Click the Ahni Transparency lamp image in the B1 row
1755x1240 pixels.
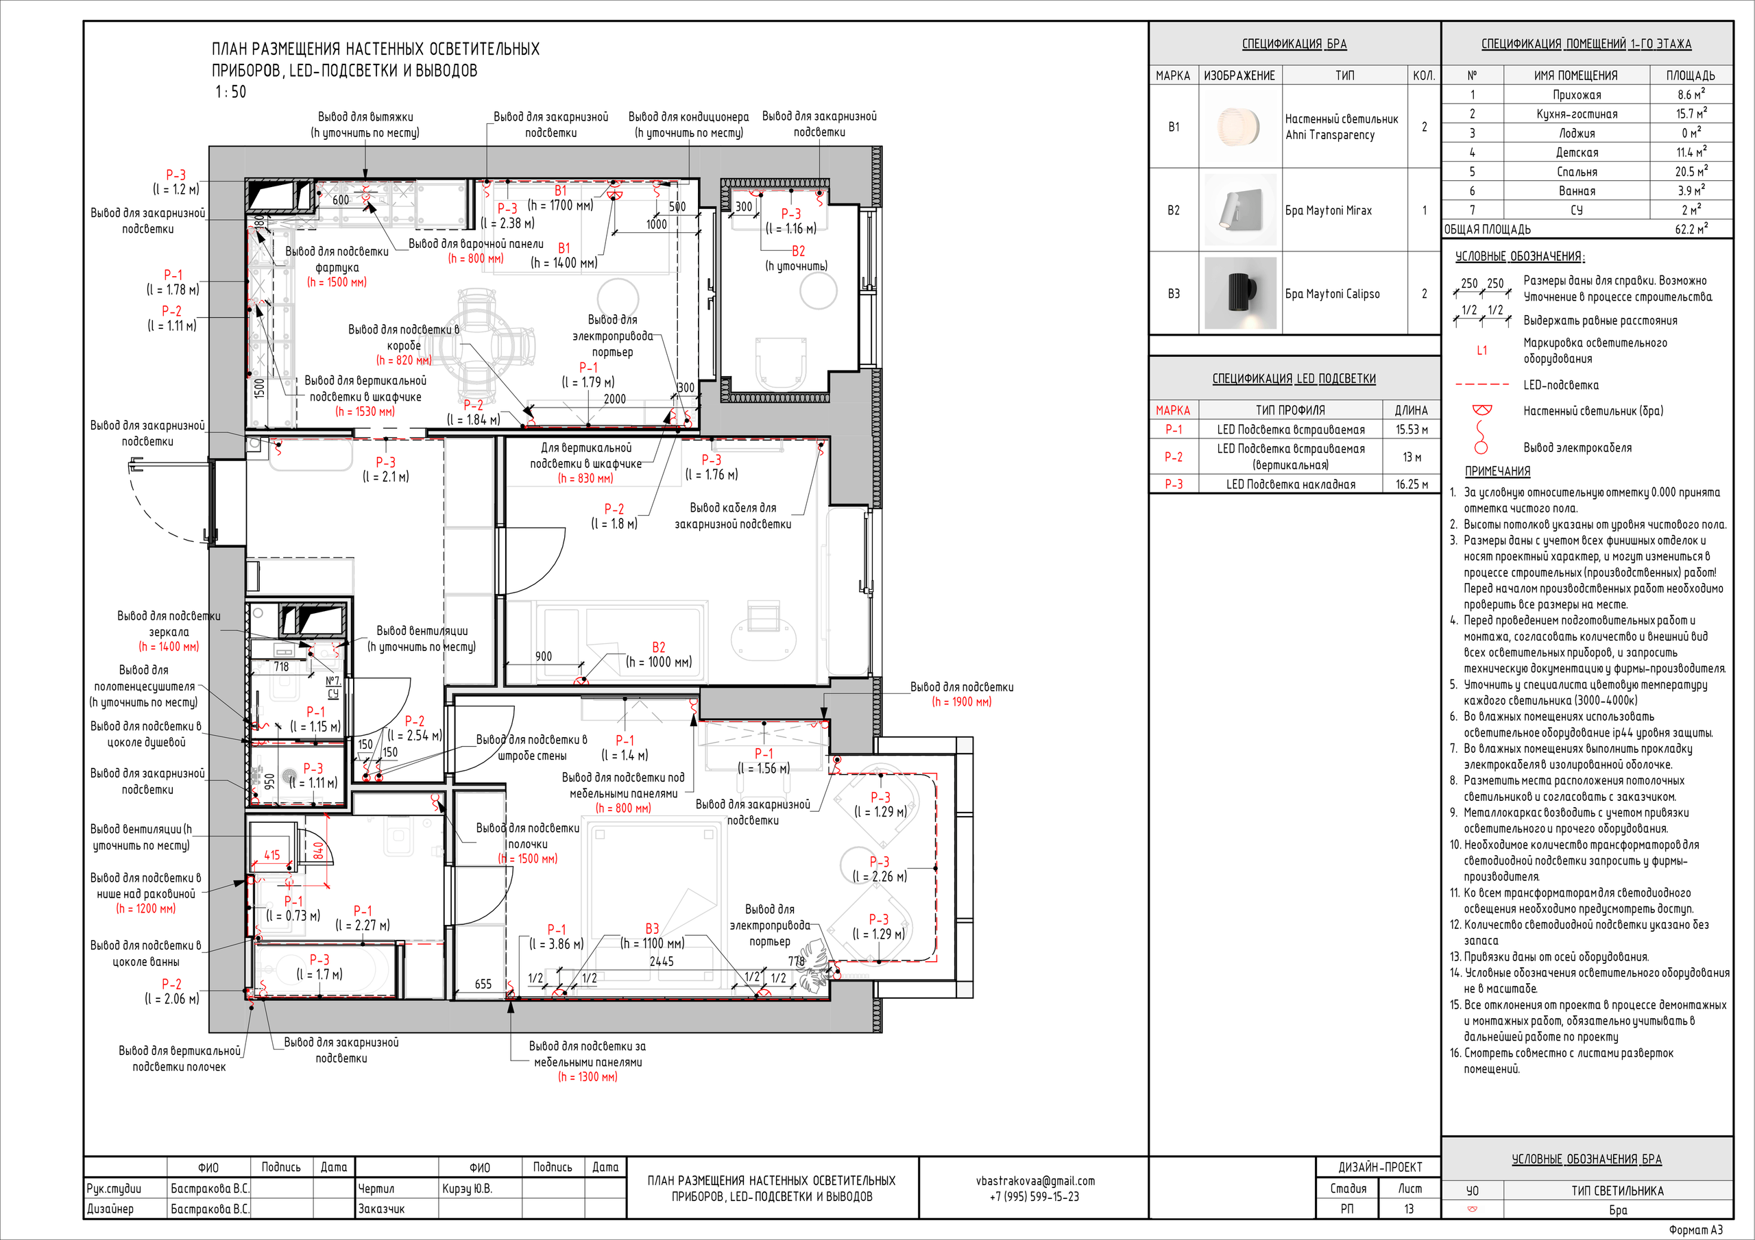tap(1240, 127)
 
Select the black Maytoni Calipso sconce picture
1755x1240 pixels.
tap(1240, 293)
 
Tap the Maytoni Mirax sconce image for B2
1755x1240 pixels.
tap(1240, 210)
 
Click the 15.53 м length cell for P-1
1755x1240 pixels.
tap(1411, 430)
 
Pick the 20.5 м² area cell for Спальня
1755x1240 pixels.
tap(1691, 171)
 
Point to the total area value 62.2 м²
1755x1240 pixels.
tap(1691, 228)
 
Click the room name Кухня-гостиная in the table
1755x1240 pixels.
tap(1577, 114)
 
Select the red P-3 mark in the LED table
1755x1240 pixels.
tap(1173, 484)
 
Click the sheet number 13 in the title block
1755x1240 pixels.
tap(1409, 1208)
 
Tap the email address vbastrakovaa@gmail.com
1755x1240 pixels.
tap(1035, 1180)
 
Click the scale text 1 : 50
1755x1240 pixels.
tap(231, 92)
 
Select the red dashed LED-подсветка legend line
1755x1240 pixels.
tap(1481, 384)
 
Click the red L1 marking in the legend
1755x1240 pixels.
tap(1482, 350)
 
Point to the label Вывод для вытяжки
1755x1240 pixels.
tap(365, 117)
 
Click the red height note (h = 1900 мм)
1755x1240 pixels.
tap(962, 702)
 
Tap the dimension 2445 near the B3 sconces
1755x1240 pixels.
tap(661, 961)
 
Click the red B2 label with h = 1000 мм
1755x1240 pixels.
tap(658, 647)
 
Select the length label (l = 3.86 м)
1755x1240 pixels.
tap(557, 944)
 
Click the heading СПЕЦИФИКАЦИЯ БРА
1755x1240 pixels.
tap(1294, 44)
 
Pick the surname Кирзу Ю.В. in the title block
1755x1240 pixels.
tap(467, 1189)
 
